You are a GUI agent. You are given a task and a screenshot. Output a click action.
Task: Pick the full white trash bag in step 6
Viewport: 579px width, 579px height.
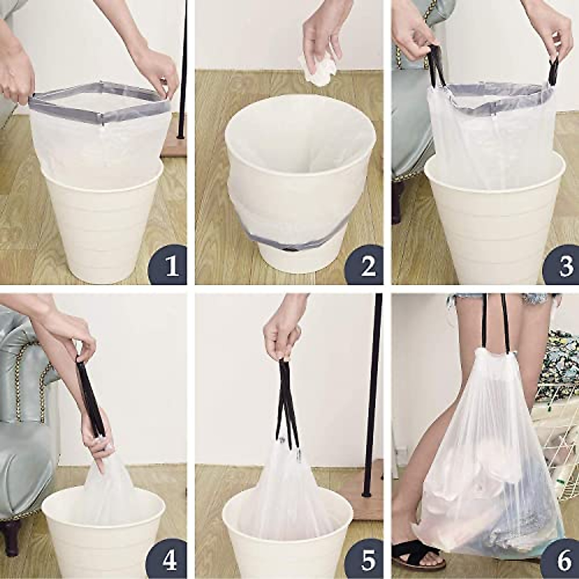coord(487,463)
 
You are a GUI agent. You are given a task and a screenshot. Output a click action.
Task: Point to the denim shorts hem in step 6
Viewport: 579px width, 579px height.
coord(482,297)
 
